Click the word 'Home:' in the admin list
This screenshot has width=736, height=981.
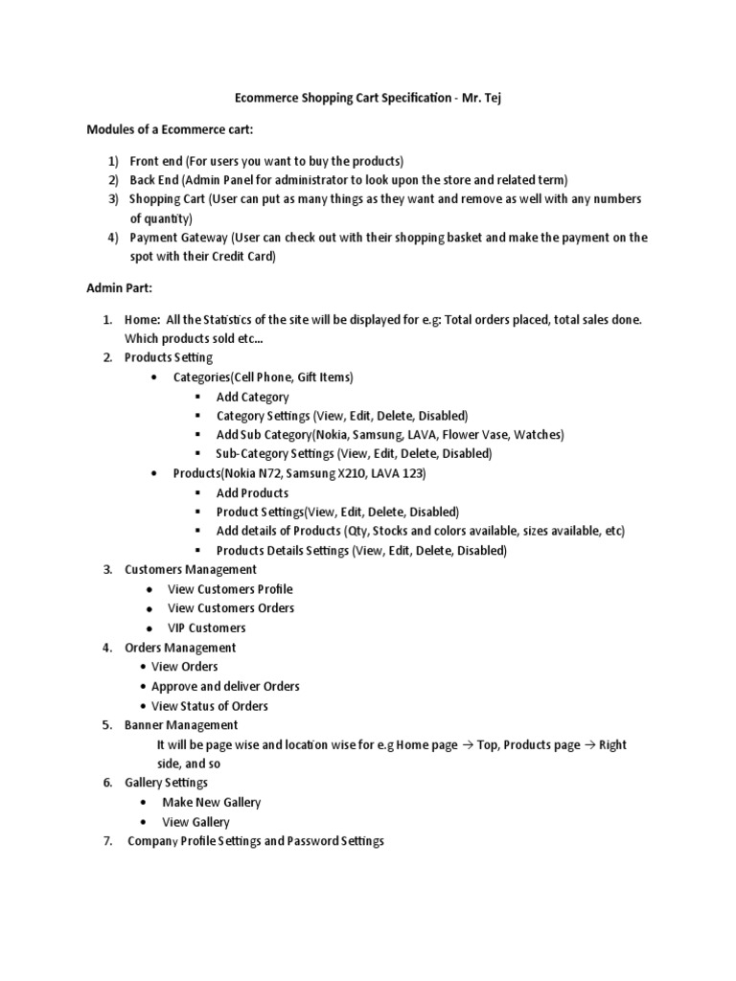(x=143, y=319)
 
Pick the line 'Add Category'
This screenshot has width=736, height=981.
(x=252, y=397)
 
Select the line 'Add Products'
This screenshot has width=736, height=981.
(x=252, y=492)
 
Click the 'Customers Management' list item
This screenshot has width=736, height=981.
(x=191, y=569)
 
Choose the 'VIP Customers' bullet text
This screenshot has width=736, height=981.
(x=206, y=627)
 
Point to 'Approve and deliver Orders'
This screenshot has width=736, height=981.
(x=225, y=686)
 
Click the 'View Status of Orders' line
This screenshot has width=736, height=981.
(x=210, y=706)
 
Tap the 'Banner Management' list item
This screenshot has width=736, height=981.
(x=181, y=724)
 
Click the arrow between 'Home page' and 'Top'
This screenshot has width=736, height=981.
(x=468, y=744)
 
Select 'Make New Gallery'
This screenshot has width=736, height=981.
(x=211, y=802)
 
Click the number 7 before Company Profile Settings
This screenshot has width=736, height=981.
(x=107, y=841)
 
